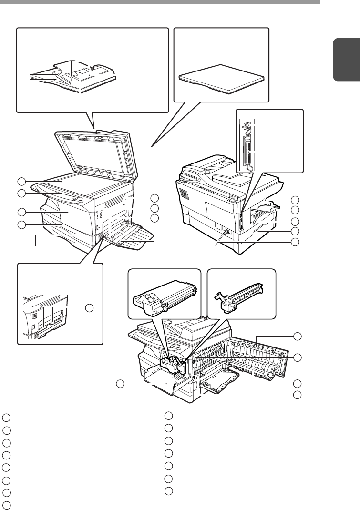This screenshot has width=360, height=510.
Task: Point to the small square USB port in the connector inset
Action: point(247,126)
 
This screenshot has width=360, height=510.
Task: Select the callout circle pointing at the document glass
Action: point(21,181)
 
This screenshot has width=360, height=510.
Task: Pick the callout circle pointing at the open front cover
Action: point(122,384)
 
